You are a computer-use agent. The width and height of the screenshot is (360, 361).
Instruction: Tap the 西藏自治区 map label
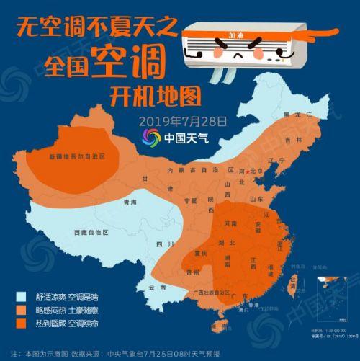[91, 232]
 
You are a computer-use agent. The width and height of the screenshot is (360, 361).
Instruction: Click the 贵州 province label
[192, 273]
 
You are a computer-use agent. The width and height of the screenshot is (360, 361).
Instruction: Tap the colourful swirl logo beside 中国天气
[151, 137]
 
